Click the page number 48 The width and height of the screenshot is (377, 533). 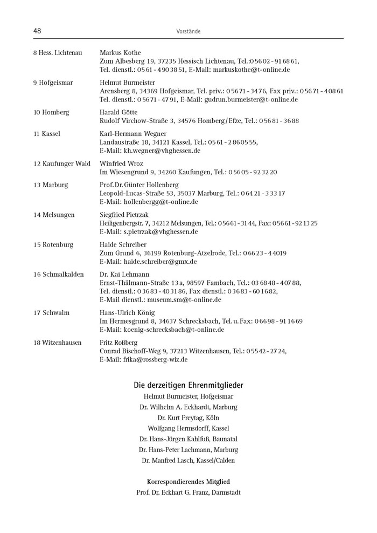(38, 31)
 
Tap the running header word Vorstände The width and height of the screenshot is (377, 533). (188, 32)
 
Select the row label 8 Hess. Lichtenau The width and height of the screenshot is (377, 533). (58, 53)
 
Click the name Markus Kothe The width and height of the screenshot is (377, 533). (120, 53)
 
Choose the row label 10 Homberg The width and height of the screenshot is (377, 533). (51, 113)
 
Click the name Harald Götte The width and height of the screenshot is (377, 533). (118, 113)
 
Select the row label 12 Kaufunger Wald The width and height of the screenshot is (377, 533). (62, 163)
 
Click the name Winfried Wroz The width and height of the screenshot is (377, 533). (121, 163)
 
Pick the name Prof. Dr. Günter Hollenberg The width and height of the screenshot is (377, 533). (139, 185)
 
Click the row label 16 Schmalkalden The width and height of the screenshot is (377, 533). (59, 275)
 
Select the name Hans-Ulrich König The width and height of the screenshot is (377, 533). (127, 313)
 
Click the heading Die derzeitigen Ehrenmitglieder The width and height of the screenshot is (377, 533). (188, 385)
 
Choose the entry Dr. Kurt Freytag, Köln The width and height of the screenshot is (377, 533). (188, 418)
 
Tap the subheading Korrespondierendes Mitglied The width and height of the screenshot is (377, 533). (188, 481)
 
